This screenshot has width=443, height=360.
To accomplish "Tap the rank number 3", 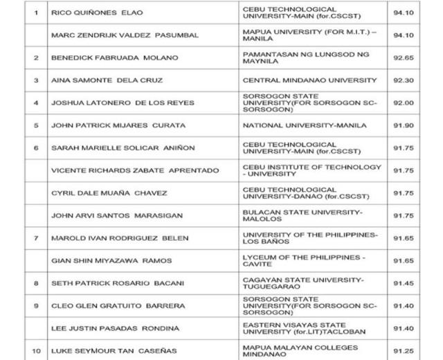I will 35,80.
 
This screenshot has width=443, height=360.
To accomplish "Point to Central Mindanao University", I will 309,80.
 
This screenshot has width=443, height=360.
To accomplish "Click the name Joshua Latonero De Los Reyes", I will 123,102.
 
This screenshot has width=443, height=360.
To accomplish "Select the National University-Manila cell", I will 304,125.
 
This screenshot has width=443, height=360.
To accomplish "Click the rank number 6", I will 35,147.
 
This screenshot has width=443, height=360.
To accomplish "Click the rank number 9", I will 35,305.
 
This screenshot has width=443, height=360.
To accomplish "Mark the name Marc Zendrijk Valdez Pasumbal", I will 125,35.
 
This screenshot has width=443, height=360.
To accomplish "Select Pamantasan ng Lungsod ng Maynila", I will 305,57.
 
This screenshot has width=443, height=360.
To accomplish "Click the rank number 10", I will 35,350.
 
